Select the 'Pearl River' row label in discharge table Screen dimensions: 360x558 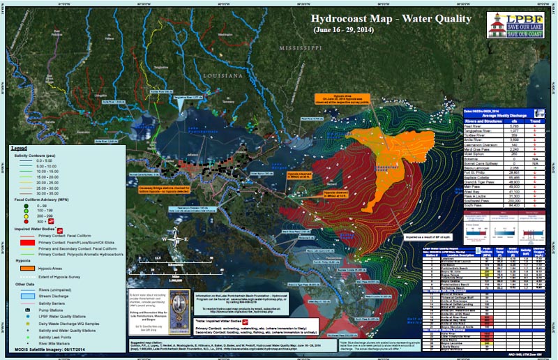coord(474,125)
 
